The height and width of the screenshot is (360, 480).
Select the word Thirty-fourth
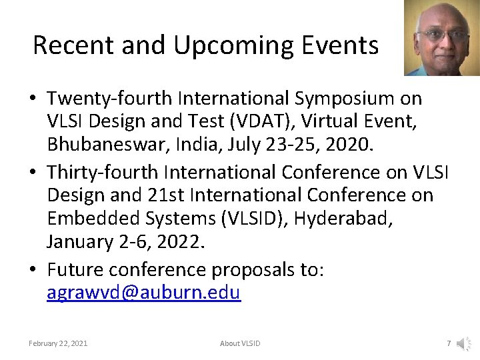point(103,172)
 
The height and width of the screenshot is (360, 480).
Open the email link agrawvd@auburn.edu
point(143,293)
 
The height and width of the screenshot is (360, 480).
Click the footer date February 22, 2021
point(58,343)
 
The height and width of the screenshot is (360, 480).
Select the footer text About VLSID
point(240,343)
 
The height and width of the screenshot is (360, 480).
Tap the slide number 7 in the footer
point(449,343)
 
